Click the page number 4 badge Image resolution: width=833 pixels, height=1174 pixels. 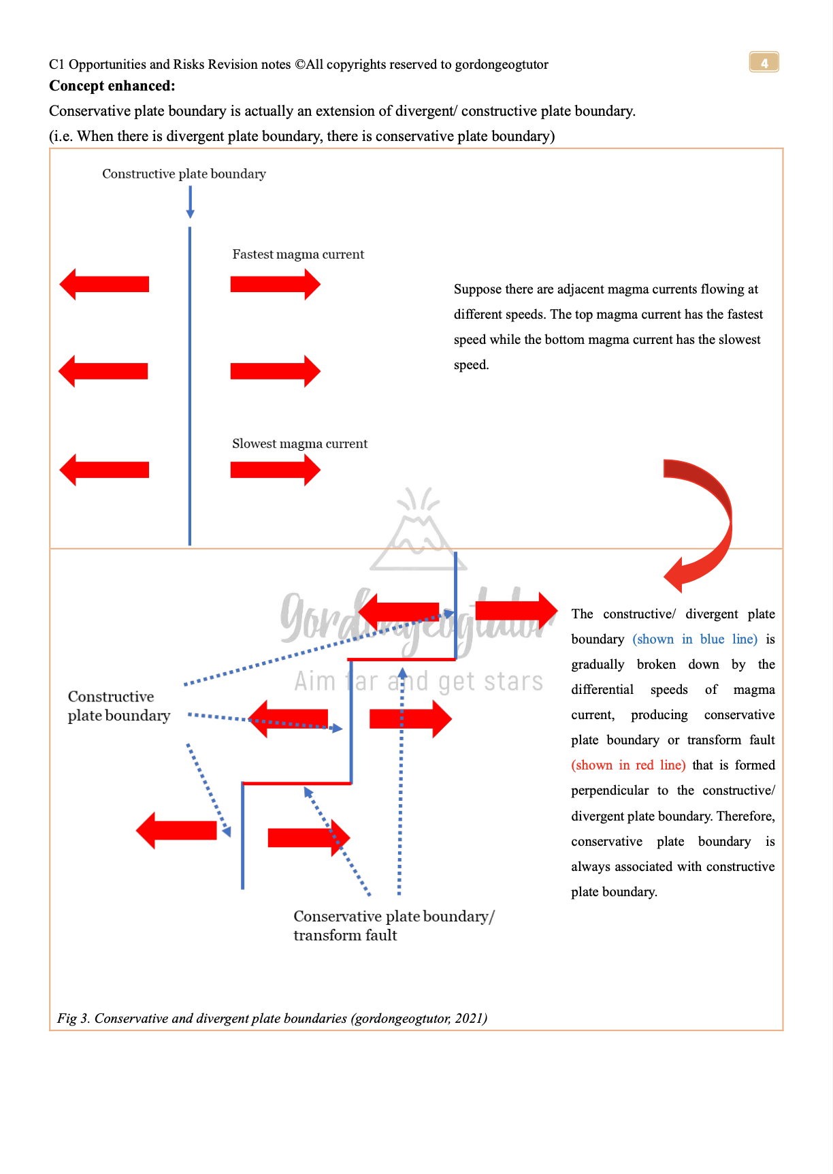pos(764,63)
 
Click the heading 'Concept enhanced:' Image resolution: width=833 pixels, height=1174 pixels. pos(112,86)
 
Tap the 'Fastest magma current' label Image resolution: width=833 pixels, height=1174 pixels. pos(298,254)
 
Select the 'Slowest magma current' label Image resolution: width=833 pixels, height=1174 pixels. pos(299,443)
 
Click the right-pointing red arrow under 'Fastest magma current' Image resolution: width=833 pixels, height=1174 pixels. pos(275,284)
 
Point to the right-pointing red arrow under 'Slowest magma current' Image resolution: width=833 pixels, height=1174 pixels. pos(275,470)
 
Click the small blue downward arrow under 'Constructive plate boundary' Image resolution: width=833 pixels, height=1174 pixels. pos(190,203)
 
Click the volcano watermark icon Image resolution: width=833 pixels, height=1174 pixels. pos(418,531)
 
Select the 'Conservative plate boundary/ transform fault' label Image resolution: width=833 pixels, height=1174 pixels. pos(393,925)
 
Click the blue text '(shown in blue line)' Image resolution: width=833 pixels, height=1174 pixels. pos(695,639)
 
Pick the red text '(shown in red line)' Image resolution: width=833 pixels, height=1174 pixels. pos(628,765)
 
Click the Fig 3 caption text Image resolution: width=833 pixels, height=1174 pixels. pos(272,1018)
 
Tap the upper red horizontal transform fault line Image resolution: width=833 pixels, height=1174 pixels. pos(402,659)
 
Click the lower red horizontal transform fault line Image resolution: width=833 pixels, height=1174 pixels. pos(297,784)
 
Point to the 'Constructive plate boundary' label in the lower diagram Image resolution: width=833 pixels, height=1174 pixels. pos(118,706)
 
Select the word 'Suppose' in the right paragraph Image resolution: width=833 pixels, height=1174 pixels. pos(477,289)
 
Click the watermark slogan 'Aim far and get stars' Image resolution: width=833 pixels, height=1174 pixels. pos(419,681)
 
